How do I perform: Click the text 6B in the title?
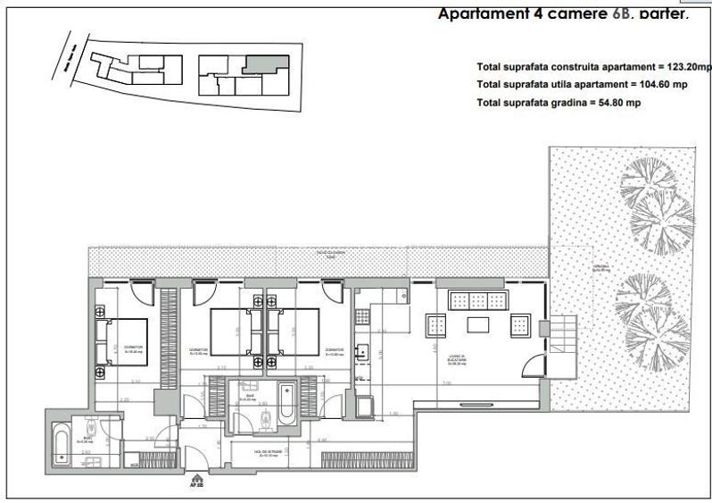(x=621, y=15)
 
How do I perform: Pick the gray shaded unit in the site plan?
(x=266, y=66)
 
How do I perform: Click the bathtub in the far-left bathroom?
(x=61, y=442)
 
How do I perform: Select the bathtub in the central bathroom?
(x=286, y=403)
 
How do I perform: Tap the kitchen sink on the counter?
(x=363, y=350)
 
